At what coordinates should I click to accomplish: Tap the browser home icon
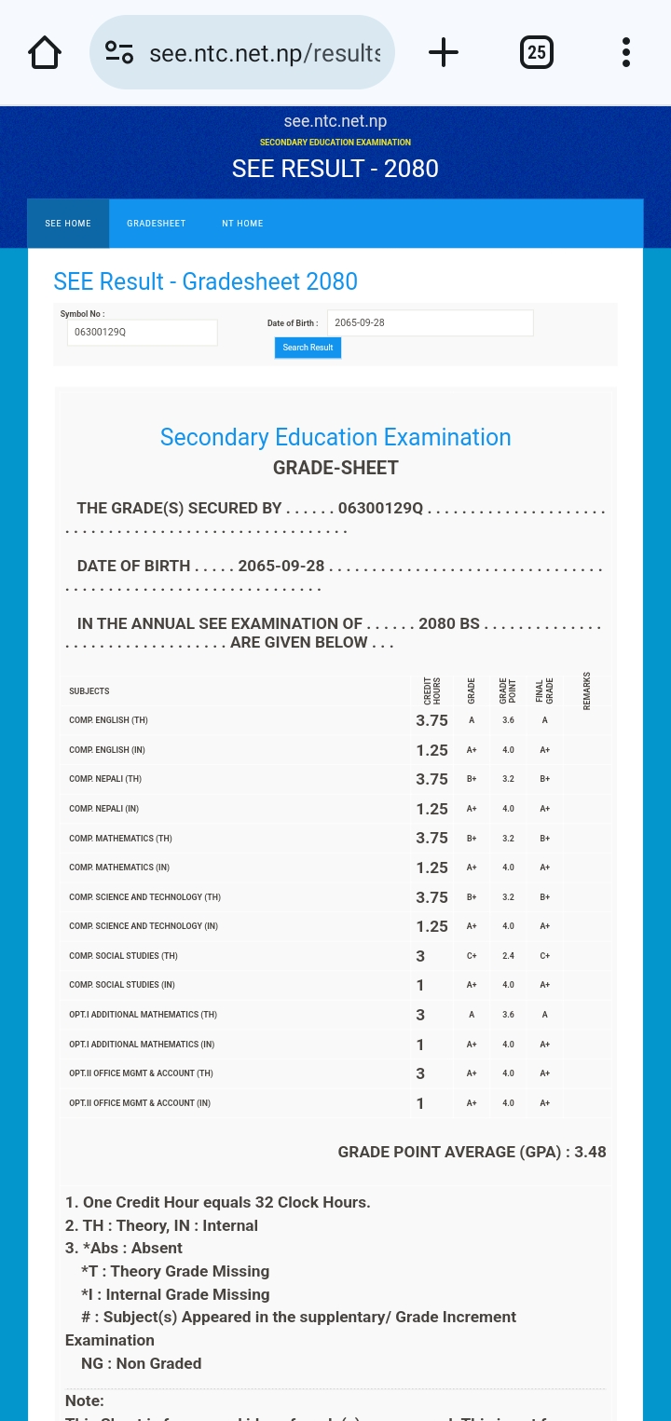(45, 52)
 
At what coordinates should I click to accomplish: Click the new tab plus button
(444, 52)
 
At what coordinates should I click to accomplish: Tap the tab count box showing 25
(537, 52)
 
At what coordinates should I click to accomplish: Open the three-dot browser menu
(626, 52)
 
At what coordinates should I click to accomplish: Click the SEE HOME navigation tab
(68, 224)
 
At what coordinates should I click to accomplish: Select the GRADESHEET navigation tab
(157, 224)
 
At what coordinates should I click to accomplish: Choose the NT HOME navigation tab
(242, 224)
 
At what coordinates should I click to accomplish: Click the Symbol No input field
(142, 332)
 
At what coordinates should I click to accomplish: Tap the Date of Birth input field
(430, 323)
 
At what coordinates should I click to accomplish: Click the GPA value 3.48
(590, 1152)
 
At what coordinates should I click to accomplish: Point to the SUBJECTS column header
(89, 691)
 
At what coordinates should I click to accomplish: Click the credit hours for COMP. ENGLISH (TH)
(431, 720)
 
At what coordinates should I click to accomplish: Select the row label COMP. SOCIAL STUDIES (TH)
(123, 956)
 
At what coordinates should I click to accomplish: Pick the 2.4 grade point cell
(508, 956)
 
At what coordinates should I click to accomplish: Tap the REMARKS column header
(587, 691)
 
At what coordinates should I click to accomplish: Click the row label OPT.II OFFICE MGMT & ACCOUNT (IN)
(140, 1103)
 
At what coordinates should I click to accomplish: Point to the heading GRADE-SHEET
(335, 468)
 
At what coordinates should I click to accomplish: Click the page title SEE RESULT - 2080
(335, 169)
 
